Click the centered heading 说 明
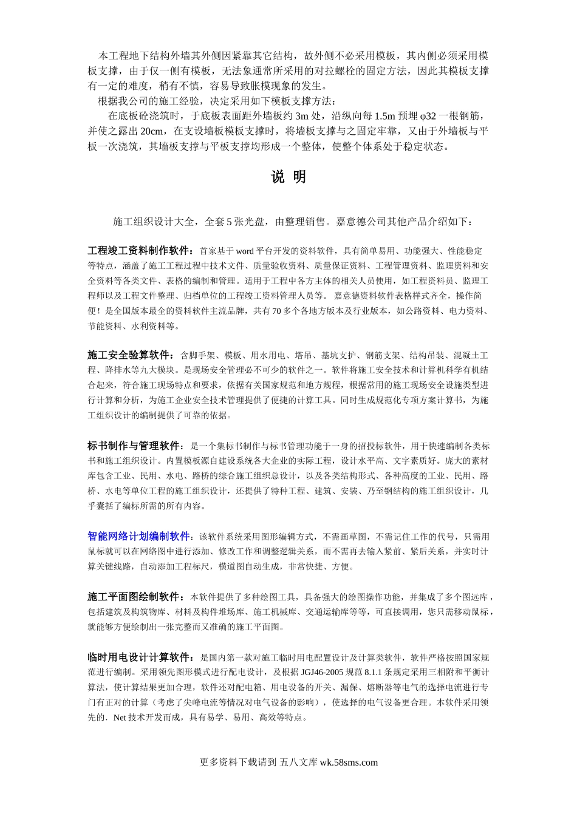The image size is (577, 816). click(x=288, y=177)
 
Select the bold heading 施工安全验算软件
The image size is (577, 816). click(x=130, y=355)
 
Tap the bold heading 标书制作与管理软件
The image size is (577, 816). click(x=135, y=446)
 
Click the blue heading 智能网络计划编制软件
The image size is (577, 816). click(x=139, y=537)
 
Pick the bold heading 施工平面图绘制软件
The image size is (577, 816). click(x=135, y=597)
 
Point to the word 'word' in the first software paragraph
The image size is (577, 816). click(x=245, y=251)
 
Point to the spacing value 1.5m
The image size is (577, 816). click(x=384, y=116)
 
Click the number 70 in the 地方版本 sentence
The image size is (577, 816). click(x=278, y=311)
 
